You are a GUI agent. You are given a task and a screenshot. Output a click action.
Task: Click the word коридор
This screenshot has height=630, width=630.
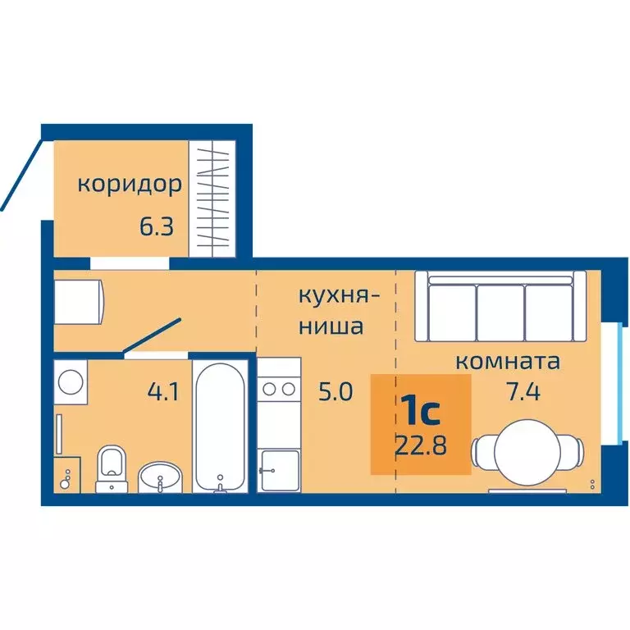tap(130, 185)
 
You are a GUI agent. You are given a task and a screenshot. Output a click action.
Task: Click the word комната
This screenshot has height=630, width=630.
tap(508, 361)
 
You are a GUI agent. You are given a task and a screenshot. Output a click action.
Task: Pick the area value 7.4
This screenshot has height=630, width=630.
tap(524, 391)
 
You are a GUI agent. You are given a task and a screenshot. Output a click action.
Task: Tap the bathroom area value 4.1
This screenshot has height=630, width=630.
tap(164, 392)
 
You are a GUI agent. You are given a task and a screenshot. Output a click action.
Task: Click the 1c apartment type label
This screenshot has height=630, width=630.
tap(421, 408)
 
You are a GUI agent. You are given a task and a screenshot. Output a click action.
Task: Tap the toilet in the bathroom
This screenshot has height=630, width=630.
tap(111, 468)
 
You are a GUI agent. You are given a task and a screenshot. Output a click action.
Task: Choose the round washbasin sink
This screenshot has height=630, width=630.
tap(160, 473)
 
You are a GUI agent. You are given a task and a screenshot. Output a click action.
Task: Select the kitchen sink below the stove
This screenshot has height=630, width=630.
tap(279, 470)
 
